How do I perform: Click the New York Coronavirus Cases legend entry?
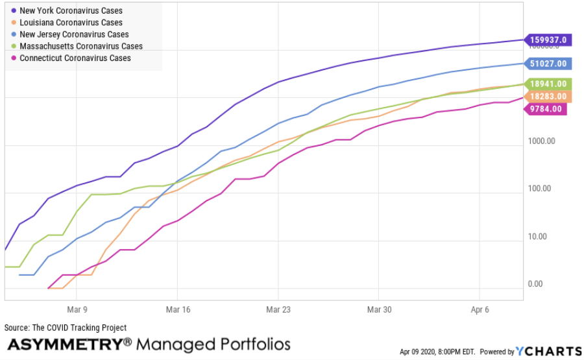tap(71, 11)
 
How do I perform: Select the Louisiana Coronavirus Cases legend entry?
tap(71, 23)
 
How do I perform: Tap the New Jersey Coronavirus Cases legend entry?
tap(74, 34)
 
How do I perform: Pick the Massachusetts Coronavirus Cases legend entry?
tap(81, 46)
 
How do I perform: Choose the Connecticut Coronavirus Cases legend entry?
tap(75, 58)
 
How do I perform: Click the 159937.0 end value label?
tap(549, 40)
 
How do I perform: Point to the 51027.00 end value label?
tap(549, 64)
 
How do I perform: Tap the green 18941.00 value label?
tap(549, 84)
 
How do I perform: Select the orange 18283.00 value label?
tap(549, 97)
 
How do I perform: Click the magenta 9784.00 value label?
tap(545, 108)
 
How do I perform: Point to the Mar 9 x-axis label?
tap(77, 310)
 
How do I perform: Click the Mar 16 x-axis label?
tap(177, 310)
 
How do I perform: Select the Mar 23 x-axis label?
tap(278, 310)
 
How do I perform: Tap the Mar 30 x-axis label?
tap(379, 310)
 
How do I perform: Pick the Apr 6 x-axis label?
tap(479, 310)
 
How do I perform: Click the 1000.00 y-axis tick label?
tap(543, 141)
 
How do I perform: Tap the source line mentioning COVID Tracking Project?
tap(66, 328)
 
